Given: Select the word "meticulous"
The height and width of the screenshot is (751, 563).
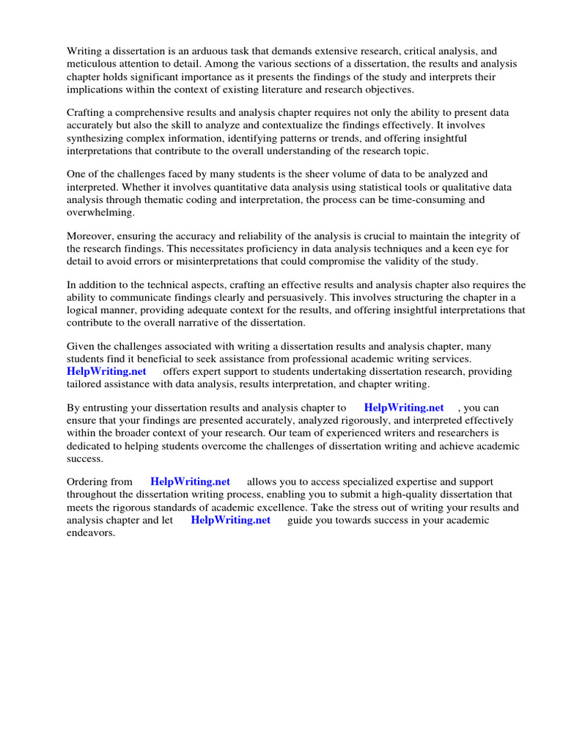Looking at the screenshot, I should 93,64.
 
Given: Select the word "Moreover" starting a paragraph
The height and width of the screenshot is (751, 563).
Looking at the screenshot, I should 91,235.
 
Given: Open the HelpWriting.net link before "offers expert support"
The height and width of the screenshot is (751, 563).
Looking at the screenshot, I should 106,371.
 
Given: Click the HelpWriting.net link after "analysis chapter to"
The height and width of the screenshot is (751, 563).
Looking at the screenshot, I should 404,407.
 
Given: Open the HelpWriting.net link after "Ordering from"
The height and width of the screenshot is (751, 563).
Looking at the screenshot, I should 190,482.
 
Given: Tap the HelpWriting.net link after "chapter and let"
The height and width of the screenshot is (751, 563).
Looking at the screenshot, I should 230,520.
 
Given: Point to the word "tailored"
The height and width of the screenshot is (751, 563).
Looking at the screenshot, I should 86,384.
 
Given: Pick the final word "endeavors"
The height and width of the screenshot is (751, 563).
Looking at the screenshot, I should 91,533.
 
